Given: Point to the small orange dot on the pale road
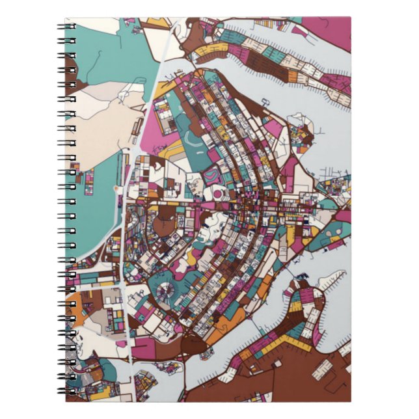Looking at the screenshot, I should (x=118, y=189).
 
